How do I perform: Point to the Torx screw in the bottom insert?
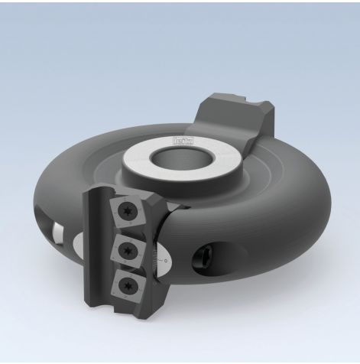(x=128, y=284)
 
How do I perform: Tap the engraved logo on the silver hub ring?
(x=186, y=137)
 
